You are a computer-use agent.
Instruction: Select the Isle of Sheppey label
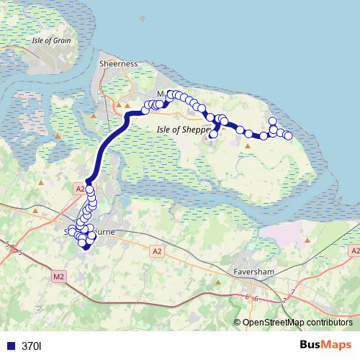click(x=183, y=129)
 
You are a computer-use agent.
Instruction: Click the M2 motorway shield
click(x=58, y=275)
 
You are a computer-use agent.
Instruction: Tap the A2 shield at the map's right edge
click(x=353, y=251)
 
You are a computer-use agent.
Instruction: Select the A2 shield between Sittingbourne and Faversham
click(x=157, y=251)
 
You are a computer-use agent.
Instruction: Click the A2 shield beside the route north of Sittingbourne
click(x=79, y=188)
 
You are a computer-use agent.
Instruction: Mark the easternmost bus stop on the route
click(x=288, y=135)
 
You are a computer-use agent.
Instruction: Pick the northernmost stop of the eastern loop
click(x=272, y=121)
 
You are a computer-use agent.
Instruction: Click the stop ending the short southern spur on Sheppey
click(x=213, y=134)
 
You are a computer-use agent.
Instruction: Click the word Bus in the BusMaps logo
click(x=311, y=346)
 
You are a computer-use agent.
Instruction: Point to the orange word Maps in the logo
click(x=337, y=346)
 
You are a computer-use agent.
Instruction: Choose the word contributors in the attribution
click(x=328, y=323)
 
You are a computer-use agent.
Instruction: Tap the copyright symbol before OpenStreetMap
click(x=238, y=323)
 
